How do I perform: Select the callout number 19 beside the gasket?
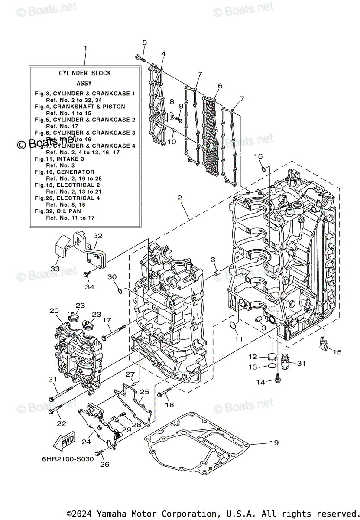click(273, 442)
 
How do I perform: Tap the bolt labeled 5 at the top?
click(140, 58)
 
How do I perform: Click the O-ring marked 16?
click(263, 168)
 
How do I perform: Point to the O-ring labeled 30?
click(120, 289)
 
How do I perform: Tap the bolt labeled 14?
click(278, 381)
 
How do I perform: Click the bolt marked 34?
click(88, 274)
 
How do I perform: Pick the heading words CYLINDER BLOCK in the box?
click(85, 73)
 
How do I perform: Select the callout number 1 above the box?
click(85, 48)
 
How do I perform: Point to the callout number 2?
click(179, 198)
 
